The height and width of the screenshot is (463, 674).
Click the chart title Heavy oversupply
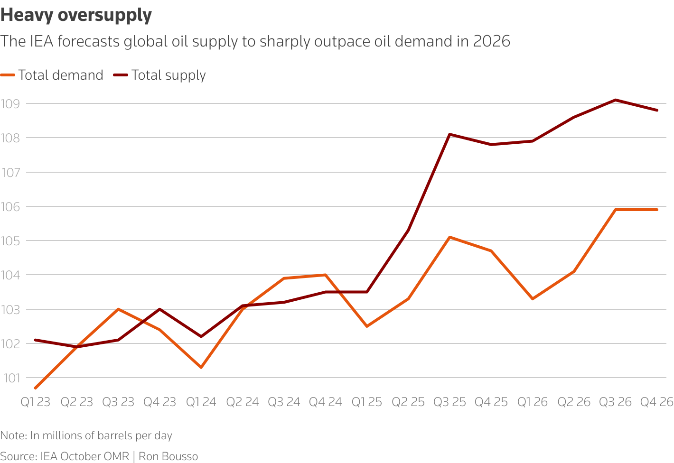coord(76,15)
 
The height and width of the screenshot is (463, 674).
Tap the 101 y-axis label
coord(11,378)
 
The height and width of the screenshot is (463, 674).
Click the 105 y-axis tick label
coord(11,241)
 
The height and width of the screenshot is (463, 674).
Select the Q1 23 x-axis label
coord(35,402)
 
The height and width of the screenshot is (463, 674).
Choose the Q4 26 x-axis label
coord(657,402)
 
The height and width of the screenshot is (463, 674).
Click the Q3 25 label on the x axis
coord(449,402)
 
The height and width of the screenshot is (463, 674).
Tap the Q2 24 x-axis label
coord(242,402)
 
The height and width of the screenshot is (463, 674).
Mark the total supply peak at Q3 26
coord(616,100)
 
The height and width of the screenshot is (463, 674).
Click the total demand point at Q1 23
coord(36,388)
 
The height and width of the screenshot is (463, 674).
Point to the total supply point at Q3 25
coord(449,134)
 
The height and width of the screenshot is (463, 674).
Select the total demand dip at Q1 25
coord(367,326)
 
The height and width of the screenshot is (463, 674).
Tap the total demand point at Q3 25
coord(449,237)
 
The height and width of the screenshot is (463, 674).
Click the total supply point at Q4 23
coord(159,309)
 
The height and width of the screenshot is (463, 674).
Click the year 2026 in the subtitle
coord(491,41)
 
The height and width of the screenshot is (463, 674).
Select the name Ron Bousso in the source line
coord(168,456)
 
